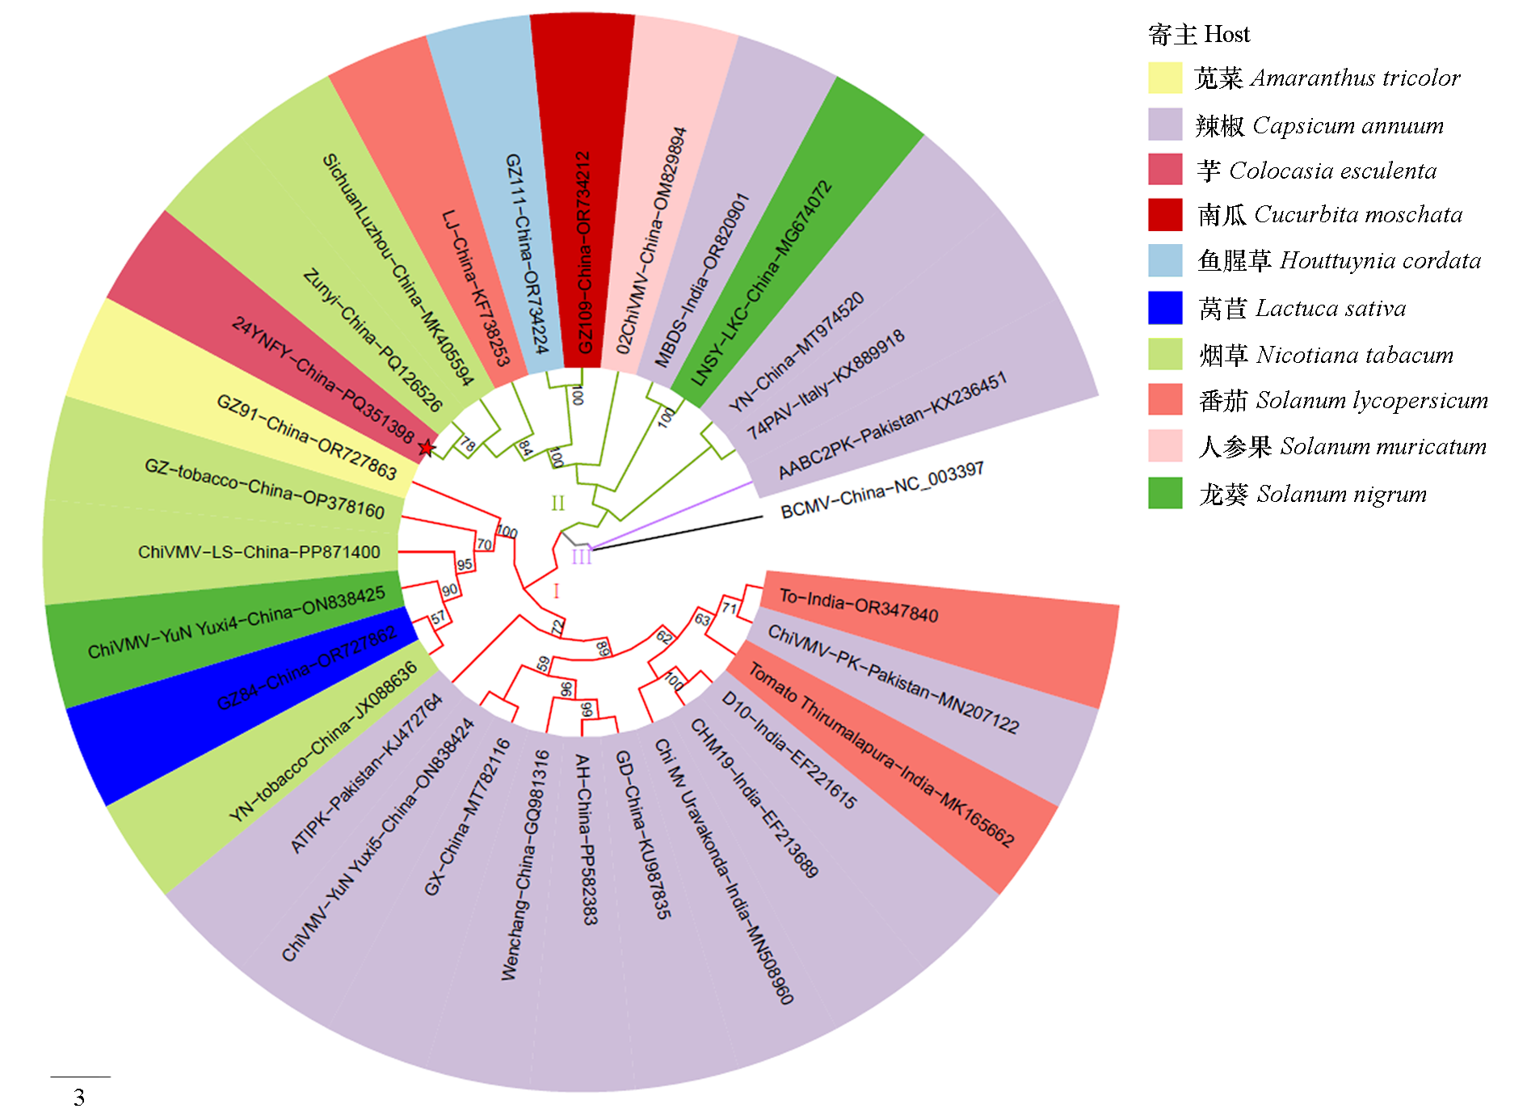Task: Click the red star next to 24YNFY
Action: (427, 447)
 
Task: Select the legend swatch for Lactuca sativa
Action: (1165, 308)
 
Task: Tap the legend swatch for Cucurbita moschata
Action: (1165, 215)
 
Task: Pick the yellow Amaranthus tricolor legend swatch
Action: (1165, 78)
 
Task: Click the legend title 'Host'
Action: (1226, 34)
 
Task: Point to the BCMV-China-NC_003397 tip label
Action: (881, 490)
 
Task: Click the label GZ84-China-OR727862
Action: (306, 668)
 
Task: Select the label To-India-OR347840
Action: (858, 606)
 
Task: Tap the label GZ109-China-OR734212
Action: (583, 252)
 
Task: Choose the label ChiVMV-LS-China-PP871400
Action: (259, 552)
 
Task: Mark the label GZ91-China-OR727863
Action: (307, 436)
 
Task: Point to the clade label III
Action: (582, 556)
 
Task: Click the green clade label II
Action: (557, 504)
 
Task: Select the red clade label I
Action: (556, 591)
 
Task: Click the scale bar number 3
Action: (79, 1097)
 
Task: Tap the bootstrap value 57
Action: (438, 618)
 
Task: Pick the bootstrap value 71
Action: (730, 608)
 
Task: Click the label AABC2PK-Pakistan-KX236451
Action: (892, 425)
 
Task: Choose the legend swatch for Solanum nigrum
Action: (1165, 493)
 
